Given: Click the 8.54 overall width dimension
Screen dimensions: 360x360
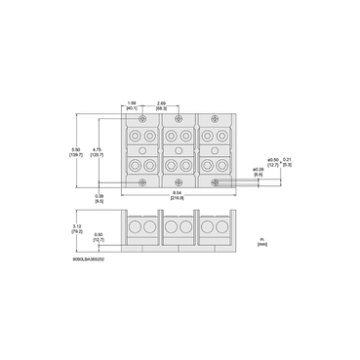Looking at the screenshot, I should pos(176,195).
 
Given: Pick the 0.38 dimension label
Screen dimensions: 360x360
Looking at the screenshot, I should pos(100,198).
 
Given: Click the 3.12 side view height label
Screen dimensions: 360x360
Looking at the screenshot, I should pos(78,228).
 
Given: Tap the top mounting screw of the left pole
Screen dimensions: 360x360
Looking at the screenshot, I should pos(143,119).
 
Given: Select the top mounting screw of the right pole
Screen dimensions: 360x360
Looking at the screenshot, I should pos(208,119).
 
